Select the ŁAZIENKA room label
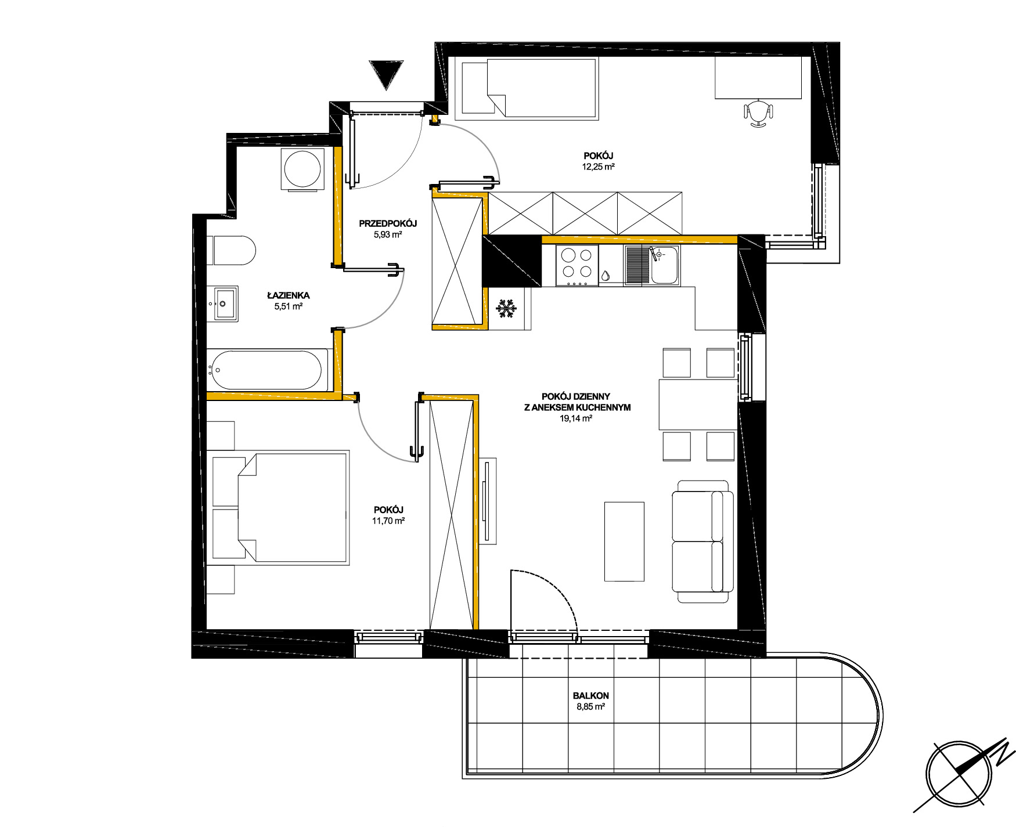(288, 295)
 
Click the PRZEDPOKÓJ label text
(388, 223)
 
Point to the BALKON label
(590, 695)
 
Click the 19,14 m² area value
(576, 418)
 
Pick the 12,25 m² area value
(599, 167)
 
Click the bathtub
(267, 370)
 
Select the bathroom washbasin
(225, 304)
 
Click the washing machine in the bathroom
(302, 169)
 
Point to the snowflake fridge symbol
(506, 309)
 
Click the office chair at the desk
(759, 113)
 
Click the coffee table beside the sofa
(624, 541)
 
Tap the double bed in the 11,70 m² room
(280, 508)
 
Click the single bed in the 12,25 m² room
(529, 88)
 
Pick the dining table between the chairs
(698, 405)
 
